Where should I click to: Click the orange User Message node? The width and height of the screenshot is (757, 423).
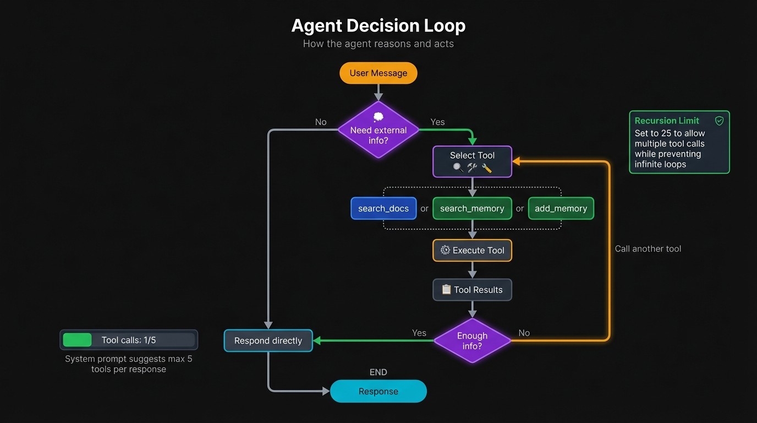(x=378, y=73)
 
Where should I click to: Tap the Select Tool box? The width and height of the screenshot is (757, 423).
(x=472, y=161)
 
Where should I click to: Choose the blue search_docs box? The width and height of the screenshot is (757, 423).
(x=383, y=209)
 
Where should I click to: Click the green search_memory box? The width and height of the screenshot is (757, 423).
(x=472, y=209)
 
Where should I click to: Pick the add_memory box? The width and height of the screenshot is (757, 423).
(x=561, y=209)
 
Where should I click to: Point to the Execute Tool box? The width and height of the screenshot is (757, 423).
(x=472, y=251)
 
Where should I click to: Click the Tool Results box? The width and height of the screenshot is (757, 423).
(x=472, y=290)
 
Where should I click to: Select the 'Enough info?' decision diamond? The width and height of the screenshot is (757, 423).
(x=472, y=341)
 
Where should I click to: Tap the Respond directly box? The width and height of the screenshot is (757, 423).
(x=268, y=341)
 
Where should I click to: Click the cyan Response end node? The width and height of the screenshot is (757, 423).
(x=378, y=392)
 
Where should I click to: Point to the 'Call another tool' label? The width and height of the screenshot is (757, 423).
(x=648, y=249)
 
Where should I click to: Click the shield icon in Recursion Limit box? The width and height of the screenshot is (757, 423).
(x=719, y=121)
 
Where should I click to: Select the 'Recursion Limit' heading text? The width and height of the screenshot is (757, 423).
(x=667, y=121)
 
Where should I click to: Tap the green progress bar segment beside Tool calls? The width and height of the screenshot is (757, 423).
(x=77, y=340)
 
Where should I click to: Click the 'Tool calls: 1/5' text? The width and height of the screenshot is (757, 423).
(x=129, y=340)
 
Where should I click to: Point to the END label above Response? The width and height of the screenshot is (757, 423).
(x=378, y=372)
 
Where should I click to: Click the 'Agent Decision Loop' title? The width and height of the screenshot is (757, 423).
(x=378, y=26)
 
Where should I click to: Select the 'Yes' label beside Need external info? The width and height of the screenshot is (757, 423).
(x=437, y=122)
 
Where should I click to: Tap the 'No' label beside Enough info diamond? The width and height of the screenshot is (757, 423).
(x=524, y=333)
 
